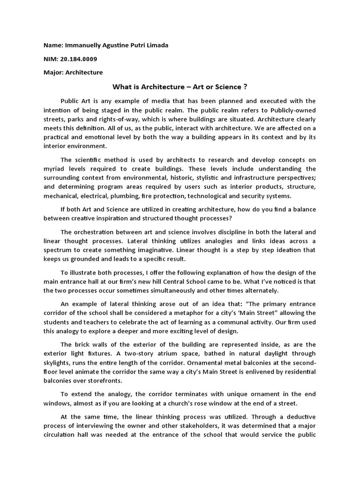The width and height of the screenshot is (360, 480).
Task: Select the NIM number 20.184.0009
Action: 78,59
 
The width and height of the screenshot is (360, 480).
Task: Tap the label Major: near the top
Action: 53,73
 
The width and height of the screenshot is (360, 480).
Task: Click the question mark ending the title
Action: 245,87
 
